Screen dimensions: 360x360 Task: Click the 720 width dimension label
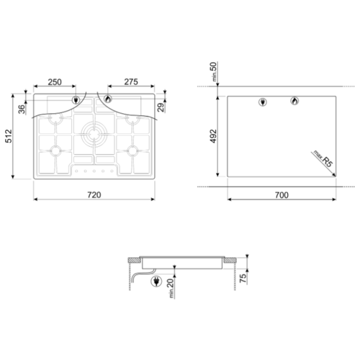(94, 195)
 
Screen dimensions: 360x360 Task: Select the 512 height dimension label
(9, 136)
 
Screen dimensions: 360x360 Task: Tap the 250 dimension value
(55, 82)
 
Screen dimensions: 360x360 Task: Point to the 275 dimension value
(131, 82)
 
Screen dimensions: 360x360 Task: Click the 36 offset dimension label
(22, 109)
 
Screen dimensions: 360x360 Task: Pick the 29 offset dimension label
(162, 107)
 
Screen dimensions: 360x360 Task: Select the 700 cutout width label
(282, 195)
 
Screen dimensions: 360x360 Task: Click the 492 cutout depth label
(213, 136)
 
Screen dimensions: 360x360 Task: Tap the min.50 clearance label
(214, 71)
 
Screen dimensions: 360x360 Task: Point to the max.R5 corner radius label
(323, 158)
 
